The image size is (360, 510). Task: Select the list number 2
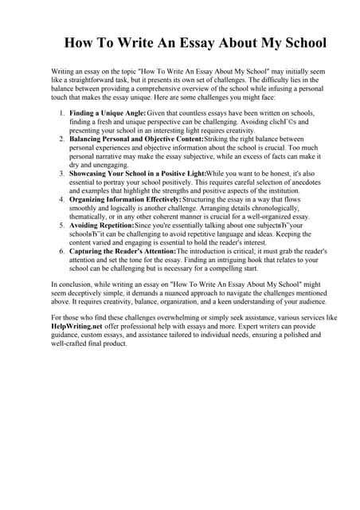coord(62,139)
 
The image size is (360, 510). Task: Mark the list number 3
coord(62,172)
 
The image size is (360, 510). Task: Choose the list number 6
coord(62,252)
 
